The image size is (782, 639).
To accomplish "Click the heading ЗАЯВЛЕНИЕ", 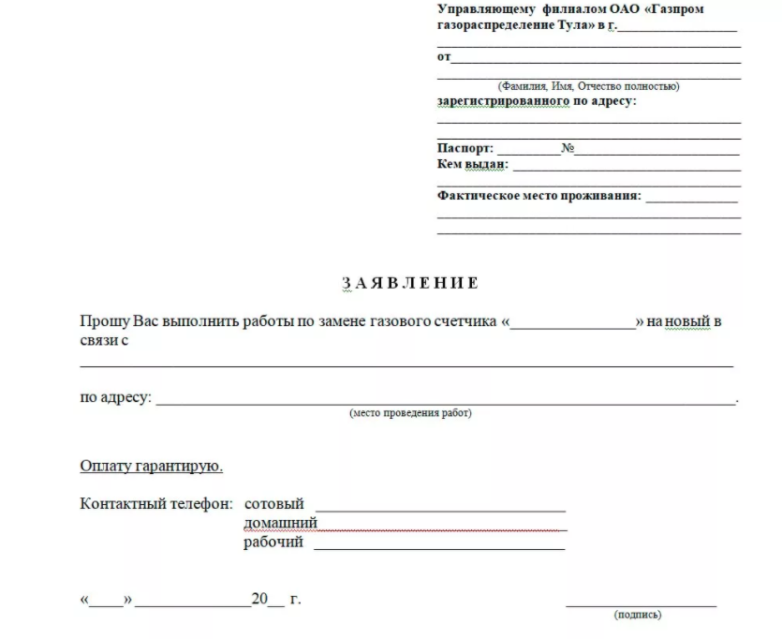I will [x=410, y=282].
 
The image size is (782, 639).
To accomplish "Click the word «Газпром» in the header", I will [x=672, y=9].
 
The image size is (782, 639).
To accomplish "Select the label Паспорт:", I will [x=465, y=149].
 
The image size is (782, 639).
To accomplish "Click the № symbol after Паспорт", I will [x=568, y=149].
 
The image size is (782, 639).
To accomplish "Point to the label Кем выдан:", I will [x=472, y=165].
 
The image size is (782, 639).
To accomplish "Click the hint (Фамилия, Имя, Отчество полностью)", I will [x=589, y=86].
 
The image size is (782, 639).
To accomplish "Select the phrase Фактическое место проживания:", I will [x=539, y=196].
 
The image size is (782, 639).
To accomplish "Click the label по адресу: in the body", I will [x=115, y=397].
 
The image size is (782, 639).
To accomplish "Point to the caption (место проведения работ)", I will [x=410, y=412].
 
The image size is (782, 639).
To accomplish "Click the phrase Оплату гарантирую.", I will [x=152, y=466].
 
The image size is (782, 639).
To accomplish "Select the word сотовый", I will [x=273, y=504].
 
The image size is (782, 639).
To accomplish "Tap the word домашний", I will [x=280, y=523].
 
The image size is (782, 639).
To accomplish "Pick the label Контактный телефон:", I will [x=156, y=504].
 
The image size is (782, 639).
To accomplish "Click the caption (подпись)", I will [x=638, y=615].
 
